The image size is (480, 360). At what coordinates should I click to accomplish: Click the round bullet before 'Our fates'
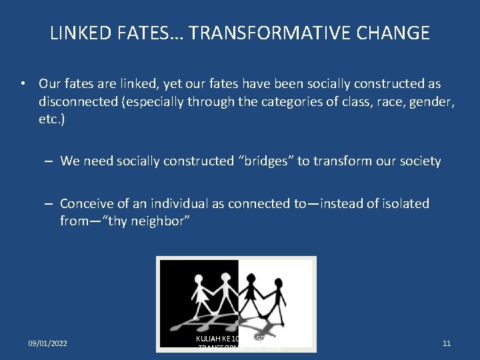(x=23, y=85)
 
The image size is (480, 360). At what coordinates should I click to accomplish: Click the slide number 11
(x=447, y=343)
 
